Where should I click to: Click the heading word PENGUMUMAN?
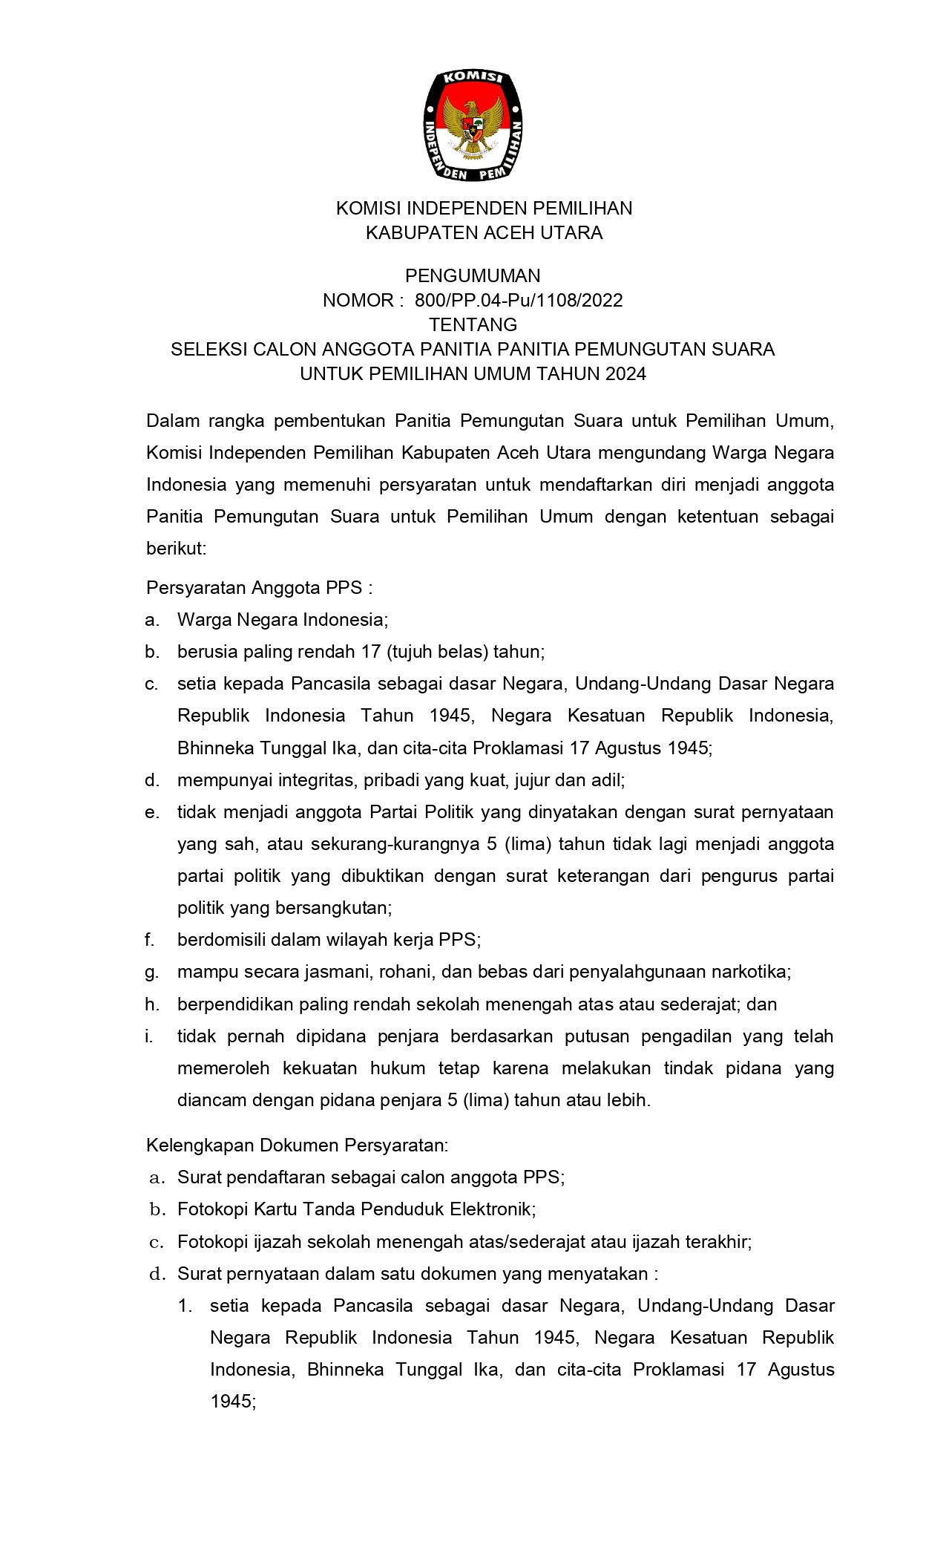coord(473,276)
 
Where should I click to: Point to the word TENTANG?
coord(473,324)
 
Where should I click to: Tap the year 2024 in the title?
coord(625,373)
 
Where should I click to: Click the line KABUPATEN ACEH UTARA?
coord(484,233)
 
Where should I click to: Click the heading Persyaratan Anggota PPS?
coord(258,588)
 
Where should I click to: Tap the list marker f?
coord(150,940)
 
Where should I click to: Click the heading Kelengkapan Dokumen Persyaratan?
coord(297,1145)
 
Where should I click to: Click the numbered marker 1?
coord(185,1305)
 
